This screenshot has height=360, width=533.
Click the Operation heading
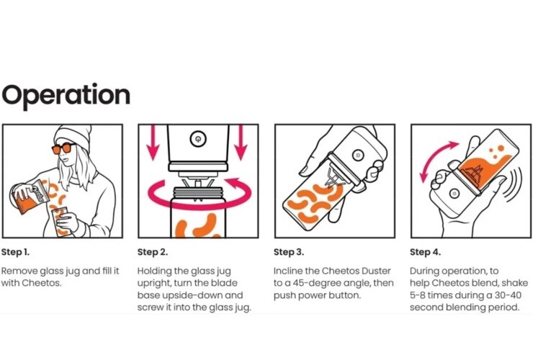point(66,96)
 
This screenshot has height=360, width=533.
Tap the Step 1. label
point(16,252)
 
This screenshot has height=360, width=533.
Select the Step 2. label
point(153,252)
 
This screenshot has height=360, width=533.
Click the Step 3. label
point(289,252)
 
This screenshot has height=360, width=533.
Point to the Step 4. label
point(425,252)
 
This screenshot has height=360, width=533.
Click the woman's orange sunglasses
point(63,148)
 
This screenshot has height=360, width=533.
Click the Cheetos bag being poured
point(29,197)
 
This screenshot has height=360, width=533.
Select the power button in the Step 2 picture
point(198,139)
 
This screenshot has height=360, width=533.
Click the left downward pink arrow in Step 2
point(153,143)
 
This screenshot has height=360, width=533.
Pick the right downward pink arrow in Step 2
point(241,143)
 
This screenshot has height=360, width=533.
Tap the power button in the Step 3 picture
point(357,156)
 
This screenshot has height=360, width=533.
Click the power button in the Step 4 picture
point(454,194)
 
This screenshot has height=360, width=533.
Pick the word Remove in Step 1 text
point(19,271)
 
